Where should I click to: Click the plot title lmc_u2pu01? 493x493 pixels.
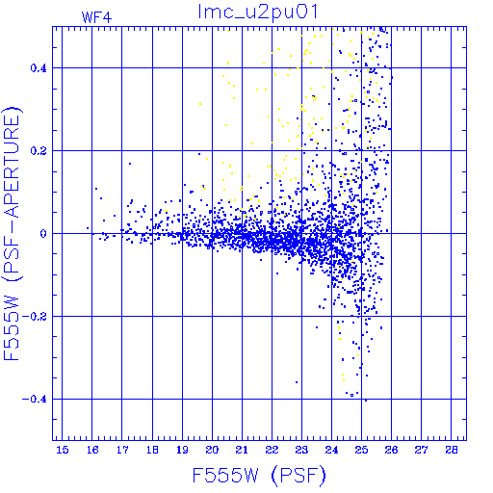258,13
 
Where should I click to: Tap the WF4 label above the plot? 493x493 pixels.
96,17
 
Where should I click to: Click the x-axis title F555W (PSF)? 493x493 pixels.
259,475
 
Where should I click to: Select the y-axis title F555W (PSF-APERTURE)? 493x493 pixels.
12,233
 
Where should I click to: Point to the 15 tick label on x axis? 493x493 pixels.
63,450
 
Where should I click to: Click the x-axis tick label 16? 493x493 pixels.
92,450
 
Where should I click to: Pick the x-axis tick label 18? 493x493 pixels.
152,450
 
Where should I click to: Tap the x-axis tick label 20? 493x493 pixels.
212,450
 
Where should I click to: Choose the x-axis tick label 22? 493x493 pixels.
272,450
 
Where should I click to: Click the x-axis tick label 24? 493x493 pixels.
331,450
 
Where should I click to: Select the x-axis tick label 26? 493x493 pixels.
391,450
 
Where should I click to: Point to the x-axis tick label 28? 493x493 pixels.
452,450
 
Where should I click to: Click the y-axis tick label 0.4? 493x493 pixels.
39,68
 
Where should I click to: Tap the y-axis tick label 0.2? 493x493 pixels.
39,151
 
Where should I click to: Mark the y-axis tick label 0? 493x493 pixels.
43,234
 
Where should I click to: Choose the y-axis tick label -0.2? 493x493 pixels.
34,317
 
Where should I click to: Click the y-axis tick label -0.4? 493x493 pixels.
34,400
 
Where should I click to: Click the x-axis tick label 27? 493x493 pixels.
421,450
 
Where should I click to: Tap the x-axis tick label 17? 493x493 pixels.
122,450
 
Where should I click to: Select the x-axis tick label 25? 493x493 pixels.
361,450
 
